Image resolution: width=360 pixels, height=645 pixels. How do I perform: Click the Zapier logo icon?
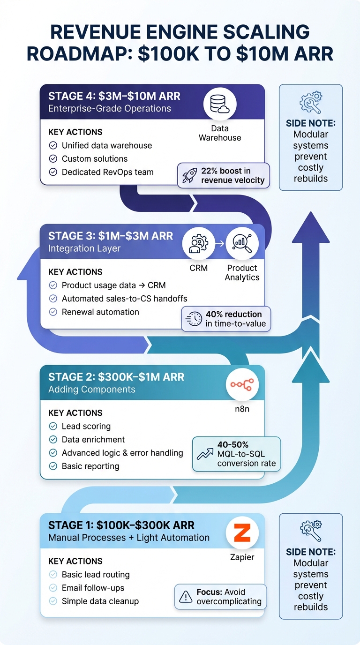(x=242, y=532)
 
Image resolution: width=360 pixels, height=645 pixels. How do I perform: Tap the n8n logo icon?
(x=242, y=384)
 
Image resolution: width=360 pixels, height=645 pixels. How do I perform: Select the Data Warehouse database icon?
(x=220, y=104)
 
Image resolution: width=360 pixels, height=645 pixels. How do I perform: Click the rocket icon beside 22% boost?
(x=190, y=175)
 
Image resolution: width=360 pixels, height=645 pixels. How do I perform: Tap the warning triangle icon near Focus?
(x=186, y=597)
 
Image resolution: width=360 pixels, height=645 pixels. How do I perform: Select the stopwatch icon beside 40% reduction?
(x=194, y=319)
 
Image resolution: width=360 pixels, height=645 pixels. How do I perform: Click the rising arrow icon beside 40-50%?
(x=205, y=453)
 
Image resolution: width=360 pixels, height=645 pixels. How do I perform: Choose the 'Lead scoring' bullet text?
(x=86, y=426)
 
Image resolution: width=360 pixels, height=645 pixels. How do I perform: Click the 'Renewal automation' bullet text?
(x=100, y=312)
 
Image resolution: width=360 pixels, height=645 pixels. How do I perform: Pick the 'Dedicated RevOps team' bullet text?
(x=107, y=172)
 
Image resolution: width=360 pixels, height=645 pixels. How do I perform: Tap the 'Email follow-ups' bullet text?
(x=93, y=588)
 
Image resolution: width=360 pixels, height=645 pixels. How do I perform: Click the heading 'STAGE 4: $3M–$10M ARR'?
(x=114, y=96)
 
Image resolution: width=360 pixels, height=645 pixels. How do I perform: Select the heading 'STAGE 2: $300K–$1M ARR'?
(x=116, y=377)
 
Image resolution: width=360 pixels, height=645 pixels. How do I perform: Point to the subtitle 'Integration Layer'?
(x=84, y=248)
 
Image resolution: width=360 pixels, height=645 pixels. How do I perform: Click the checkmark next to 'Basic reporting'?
(x=53, y=466)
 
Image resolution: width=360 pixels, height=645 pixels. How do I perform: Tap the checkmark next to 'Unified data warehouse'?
(x=53, y=146)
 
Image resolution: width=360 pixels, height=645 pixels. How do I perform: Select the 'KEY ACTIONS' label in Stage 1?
(x=75, y=561)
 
